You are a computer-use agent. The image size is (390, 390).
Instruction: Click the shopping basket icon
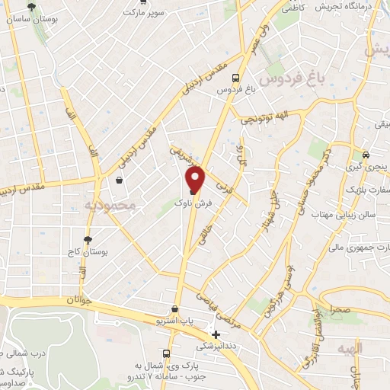pos(120,181)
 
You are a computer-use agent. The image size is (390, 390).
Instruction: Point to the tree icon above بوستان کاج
pos(88,238)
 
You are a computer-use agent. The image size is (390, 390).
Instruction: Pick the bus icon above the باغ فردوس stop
pos(236,77)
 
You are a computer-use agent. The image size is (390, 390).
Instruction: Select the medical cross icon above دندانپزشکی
pos(216,334)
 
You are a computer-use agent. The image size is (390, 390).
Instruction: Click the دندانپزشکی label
pos(217,346)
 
